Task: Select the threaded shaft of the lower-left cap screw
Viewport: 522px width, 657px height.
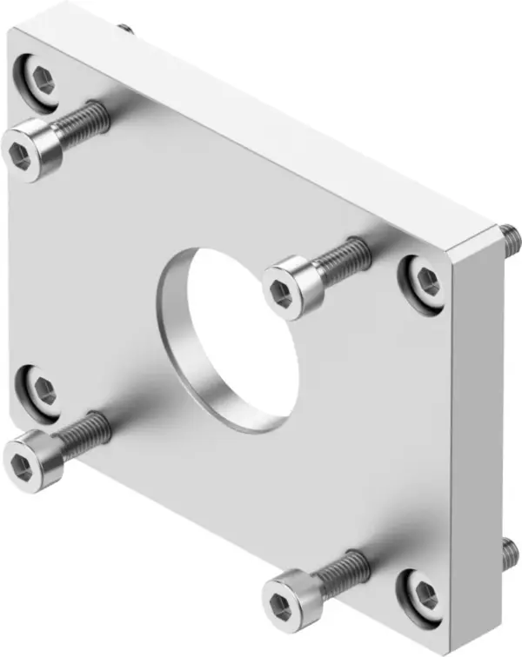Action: pos(87,428)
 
